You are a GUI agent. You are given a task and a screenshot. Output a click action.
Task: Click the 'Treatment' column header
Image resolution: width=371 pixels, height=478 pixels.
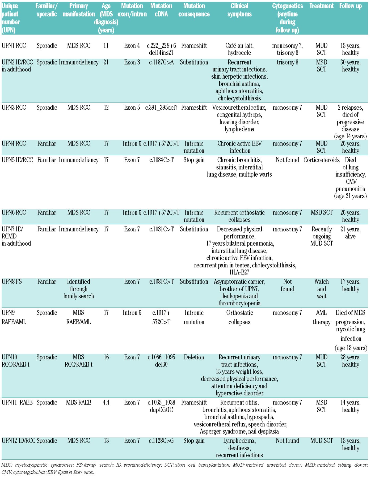coord(321,6)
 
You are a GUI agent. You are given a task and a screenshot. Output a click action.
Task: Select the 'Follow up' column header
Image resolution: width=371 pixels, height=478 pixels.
coord(350,6)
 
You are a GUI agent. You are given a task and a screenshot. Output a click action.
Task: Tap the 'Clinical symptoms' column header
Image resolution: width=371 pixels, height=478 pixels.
coord(239,10)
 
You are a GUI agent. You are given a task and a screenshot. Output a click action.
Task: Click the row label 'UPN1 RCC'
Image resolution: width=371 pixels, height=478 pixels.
coord(14,46)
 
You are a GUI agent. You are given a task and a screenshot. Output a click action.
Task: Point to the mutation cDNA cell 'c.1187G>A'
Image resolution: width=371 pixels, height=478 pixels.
coord(161,62)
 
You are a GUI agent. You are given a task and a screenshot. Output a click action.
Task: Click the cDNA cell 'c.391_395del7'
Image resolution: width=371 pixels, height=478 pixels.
coord(161,108)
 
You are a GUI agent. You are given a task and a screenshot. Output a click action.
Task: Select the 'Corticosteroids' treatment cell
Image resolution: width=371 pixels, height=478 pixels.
coord(322,160)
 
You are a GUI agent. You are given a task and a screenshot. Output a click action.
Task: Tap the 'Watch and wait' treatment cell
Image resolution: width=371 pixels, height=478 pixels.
coord(322,289)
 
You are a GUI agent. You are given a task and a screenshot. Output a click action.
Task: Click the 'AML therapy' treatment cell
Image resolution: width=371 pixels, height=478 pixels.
coord(322,317)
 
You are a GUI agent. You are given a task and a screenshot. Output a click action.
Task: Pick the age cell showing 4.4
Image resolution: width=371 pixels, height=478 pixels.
coord(106,403)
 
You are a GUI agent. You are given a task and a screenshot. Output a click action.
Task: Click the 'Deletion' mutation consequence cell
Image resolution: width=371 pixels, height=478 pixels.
coord(194,357)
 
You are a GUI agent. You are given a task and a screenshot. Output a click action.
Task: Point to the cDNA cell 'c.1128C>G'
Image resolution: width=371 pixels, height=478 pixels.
coord(161,441)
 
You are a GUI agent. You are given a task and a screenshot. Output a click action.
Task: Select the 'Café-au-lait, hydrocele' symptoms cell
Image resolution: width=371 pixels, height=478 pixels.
coord(239,49)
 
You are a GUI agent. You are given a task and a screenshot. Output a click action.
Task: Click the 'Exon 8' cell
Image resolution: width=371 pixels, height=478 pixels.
coord(132,62)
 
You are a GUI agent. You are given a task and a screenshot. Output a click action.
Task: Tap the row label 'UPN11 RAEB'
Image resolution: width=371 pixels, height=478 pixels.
coord(17,403)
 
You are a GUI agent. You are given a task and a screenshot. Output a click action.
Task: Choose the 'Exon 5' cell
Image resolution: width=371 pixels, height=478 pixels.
coord(132,108)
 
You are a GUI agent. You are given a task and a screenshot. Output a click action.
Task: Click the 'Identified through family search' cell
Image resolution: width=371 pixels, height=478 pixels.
coord(79,289)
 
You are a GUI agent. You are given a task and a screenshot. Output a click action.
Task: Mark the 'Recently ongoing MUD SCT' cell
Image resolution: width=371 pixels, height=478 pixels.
coord(322,236)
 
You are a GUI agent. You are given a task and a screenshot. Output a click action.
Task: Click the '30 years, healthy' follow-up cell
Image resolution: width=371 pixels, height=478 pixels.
coord(350,66)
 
